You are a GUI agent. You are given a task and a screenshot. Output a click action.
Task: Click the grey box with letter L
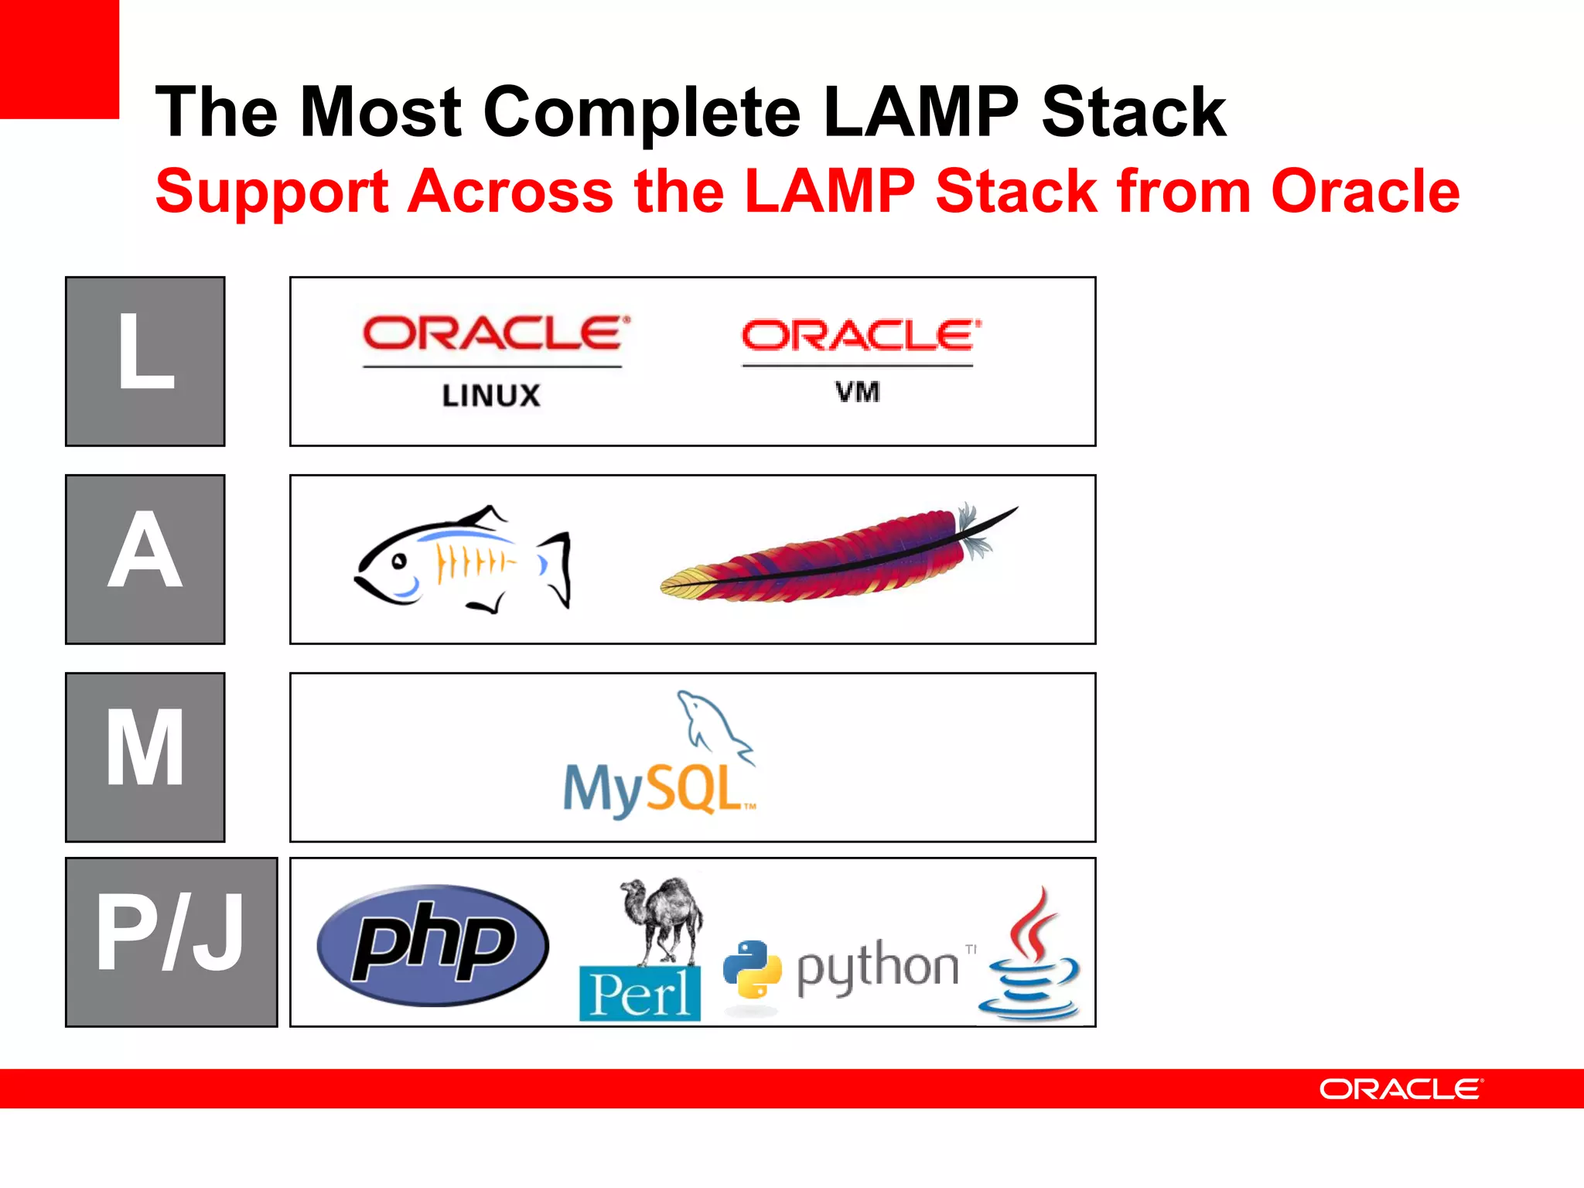pyautogui.click(x=145, y=361)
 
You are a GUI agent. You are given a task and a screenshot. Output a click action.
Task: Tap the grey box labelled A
pyautogui.click(x=145, y=559)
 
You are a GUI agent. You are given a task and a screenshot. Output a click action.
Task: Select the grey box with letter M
pyautogui.click(x=145, y=757)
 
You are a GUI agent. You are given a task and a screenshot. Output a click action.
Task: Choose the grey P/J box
pyautogui.click(x=171, y=942)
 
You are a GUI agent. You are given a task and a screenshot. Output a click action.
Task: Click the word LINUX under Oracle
pyautogui.click(x=491, y=396)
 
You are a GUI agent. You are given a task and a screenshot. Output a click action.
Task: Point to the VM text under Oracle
pyautogui.click(x=857, y=392)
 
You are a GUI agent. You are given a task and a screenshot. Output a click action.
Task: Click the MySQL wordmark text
pyautogui.click(x=654, y=789)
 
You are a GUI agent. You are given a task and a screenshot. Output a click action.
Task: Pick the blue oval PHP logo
pyautogui.click(x=432, y=945)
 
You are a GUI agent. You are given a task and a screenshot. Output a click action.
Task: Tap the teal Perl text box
pyautogui.click(x=640, y=994)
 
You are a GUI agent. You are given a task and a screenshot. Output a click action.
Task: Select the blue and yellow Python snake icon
pyautogui.click(x=751, y=968)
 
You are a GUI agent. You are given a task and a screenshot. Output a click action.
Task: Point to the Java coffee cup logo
pyautogui.click(x=1030, y=955)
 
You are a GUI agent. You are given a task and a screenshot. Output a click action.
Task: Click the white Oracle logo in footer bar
pyautogui.click(x=1401, y=1089)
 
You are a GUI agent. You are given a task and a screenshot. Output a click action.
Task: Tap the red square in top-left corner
pyautogui.click(x=59, y=59)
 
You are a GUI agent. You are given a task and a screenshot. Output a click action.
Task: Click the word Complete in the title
pyautogui.click(x=642, y=113)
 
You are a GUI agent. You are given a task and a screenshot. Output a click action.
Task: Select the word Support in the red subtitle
pyautogui.click(x=271, y=192)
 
